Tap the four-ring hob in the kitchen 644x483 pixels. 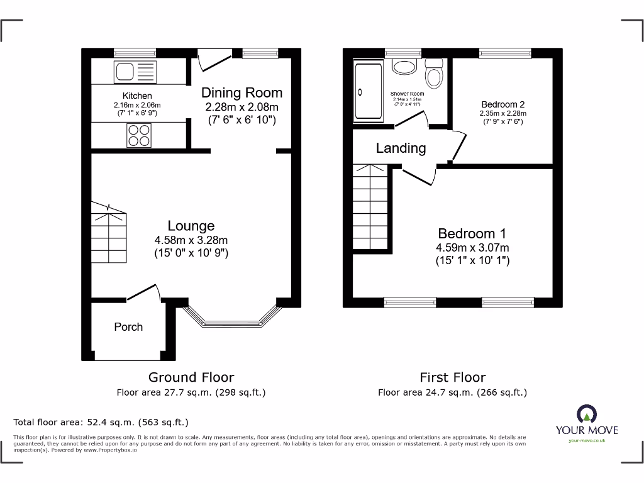coord(139,134)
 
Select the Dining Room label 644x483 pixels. coord(241,92)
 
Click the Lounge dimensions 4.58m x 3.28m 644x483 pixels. coord(191,240)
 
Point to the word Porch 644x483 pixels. coord(128,327)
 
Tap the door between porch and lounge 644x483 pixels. coord(143,292)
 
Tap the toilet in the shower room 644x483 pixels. coord(434,75)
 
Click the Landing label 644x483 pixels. coord(401,148)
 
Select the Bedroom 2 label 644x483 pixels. coord(503,104)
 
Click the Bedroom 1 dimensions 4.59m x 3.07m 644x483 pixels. coord(472,247)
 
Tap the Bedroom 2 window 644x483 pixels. coord(504,53)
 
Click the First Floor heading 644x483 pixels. coord(453,377)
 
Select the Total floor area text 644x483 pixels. coord(101,422)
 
